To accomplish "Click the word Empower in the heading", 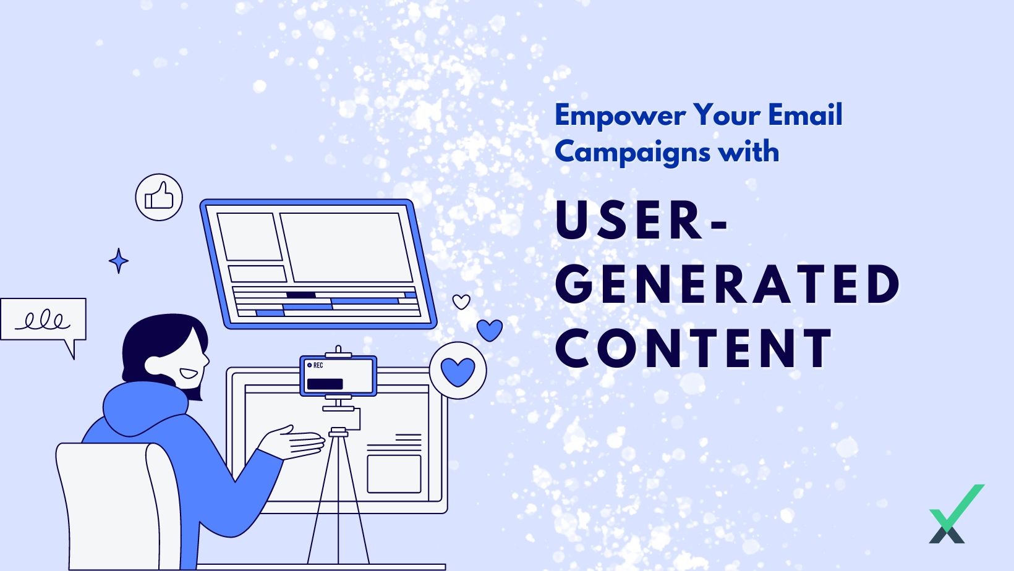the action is (x=620, y=116).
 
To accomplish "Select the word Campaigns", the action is (x=633, y=153).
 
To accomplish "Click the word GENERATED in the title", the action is (x=728, y=285).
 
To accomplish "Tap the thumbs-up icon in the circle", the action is (x=159, y=197).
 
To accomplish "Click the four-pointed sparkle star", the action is (x=119, y=261).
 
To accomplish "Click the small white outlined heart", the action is (x=461, y=302).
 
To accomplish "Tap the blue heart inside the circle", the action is (x=458, y=371).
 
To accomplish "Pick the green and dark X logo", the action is (x=956, y=514).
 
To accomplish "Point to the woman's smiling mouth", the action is (x=189, y=374).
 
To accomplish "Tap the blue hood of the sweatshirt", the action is (x=144, y=408).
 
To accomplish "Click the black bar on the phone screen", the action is (x=325, y=384).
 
